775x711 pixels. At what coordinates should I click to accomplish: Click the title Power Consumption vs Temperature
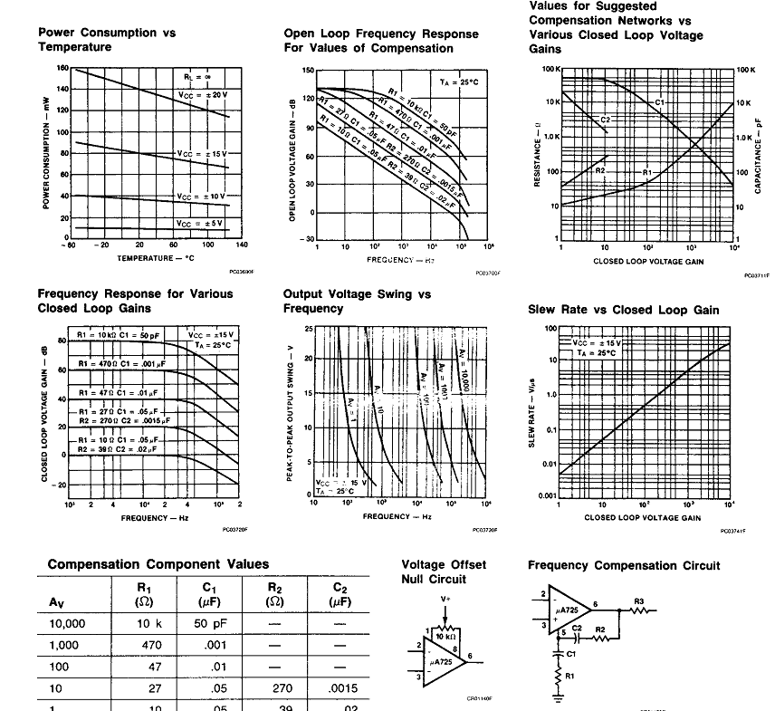click(107, 39)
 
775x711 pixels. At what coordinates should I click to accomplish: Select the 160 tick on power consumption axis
click(62, 68)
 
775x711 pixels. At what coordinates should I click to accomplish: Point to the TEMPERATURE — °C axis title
click(155, 258)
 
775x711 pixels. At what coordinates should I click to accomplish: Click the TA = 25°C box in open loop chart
click(457, 82)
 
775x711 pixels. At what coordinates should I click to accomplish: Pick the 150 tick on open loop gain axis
click(308, 71)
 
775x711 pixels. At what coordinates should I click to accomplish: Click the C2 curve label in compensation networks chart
click(606, 120)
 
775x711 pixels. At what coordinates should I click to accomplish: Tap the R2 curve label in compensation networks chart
click(600, 169)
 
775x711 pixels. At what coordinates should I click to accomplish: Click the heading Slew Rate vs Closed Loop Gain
click(624, 310)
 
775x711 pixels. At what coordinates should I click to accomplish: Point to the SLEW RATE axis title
click(533, 417)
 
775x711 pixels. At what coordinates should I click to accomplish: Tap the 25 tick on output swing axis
click(309, 328)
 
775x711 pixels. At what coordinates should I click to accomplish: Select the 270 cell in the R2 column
click(275, 688)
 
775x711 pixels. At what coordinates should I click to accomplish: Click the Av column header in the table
click(57, 599)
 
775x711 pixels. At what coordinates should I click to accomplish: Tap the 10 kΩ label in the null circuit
click(444, 637)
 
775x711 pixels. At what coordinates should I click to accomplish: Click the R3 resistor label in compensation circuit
click(638, 601)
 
